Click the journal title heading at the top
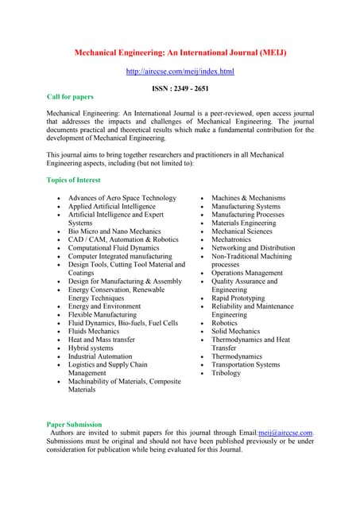(x=180, y=52)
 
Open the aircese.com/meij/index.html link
(x=180, y=72)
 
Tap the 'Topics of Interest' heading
(x=74, y=181)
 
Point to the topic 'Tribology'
(x=226, y=373)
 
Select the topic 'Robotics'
(x=224, y=324)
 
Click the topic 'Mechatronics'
(x=232, y=239)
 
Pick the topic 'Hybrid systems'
(x=91, y=348)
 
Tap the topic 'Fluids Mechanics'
(x=94, y=331)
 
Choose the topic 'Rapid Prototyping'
(x=238, y=298)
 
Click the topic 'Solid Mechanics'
(x=235, y=332)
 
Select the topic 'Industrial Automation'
(x=100, y=357)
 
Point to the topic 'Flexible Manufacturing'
(x=103, y=315)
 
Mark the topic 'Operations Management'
(x=247, y=273)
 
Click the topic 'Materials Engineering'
(x=244, y=223)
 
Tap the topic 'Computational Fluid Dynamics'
(x=114, y=248)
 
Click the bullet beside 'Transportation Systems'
(x=203, y=365)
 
